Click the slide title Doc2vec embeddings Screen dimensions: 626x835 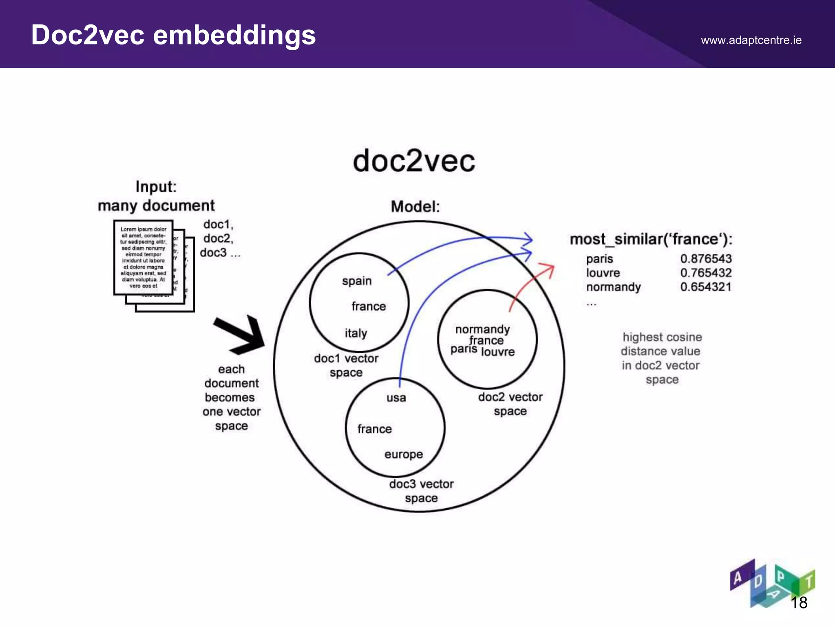(173, 35)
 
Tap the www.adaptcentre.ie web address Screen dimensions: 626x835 (751, 40)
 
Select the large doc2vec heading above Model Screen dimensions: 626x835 (414, 161)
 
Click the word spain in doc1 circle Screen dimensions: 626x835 (357, 281)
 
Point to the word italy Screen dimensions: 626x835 (356, 333)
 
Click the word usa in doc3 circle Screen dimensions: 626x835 (396, 398)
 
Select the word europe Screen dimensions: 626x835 (403, 454)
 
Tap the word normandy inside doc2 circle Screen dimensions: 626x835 (482, 329)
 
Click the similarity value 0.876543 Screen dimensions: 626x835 (706, 259)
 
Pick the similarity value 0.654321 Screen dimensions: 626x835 (706, 287)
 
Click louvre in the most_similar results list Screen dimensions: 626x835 (603, 273)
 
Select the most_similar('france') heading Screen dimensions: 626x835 (651, 239)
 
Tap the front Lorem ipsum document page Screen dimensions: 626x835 (144, 257)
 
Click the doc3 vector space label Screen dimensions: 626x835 (421, 491)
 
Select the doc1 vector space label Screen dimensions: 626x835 (346, 366)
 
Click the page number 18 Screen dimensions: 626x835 (799, 603)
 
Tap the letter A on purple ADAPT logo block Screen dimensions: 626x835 (738, 578)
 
